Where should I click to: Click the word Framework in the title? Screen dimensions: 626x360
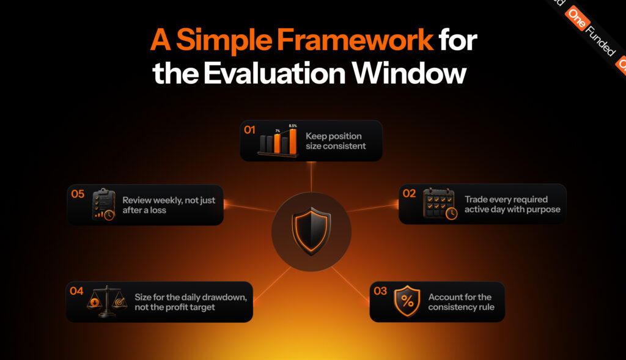click(355, 40)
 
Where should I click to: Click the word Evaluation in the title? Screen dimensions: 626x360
click(274, 73)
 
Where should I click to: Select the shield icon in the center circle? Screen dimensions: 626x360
click(311, 231)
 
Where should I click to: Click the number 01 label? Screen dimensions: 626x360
click(249, 130)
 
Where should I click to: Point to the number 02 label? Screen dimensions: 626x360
click(409, 194)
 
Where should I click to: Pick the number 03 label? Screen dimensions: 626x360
click(380, 291)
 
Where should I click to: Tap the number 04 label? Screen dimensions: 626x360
click(76, 291)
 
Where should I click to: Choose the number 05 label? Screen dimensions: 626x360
click(78, 194)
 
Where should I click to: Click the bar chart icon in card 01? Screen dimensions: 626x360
click(278, 141)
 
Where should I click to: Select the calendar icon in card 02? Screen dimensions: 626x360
click(440, 204)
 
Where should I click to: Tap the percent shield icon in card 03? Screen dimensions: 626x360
click(407, 301)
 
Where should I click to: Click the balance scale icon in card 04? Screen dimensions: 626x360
click(106, 301)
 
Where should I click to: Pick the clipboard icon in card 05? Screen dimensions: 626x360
click(104, 204)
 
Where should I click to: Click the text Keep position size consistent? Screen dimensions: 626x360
click(336, 141)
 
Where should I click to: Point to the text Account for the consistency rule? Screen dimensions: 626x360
click(461, 302)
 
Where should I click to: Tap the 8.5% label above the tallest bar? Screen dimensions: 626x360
click(293, 126)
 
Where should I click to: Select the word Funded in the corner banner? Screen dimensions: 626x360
click(600, 41)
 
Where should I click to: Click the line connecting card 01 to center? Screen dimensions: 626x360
click(311, 177)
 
